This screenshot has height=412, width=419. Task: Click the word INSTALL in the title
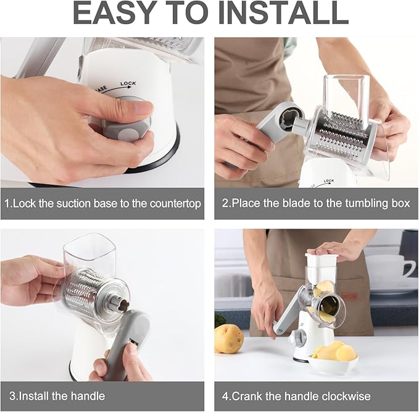pyautogui.click(x=283, y=12)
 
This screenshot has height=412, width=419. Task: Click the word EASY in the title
pyautogui.click(x=112, y=12)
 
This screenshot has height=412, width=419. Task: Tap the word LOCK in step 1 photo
pyautogui.click(x=128, y=84)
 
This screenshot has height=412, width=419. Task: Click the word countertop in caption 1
pyautogui.click(x=175, y=204)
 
